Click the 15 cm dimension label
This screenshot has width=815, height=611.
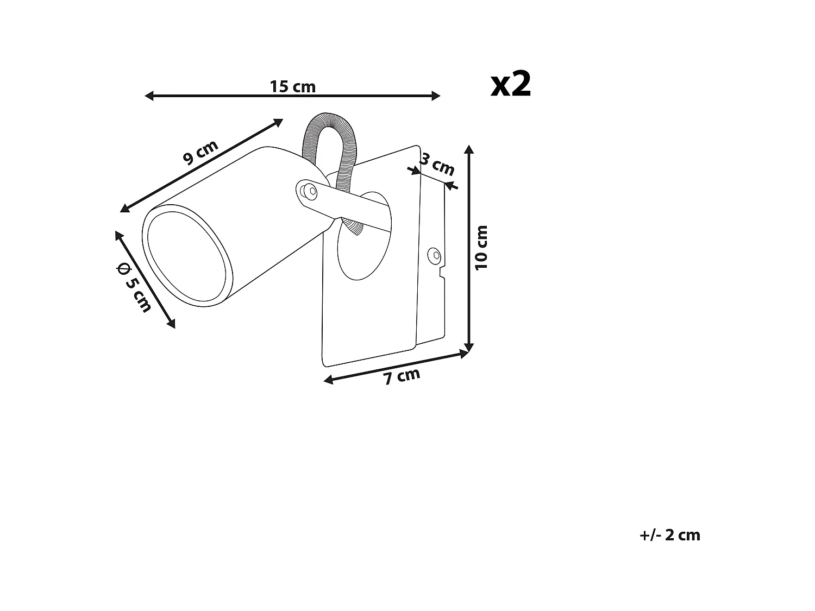click(x=292, y=86)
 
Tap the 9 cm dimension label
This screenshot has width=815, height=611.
click(x=200, y=152)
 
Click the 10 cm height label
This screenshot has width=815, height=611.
click(x=481, y=247)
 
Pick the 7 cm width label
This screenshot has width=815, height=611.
click(x=402, y=376)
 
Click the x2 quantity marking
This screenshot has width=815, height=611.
click(x=511, y=85)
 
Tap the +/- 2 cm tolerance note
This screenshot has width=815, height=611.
click(x=670, y=535)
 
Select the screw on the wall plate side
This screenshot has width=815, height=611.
click(x=434, y=254)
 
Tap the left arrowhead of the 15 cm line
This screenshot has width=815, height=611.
click(x=148, y=96)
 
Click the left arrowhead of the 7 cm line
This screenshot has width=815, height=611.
click(x=328, y=380)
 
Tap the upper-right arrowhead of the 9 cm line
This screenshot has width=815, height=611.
click(x=279, y=122)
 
